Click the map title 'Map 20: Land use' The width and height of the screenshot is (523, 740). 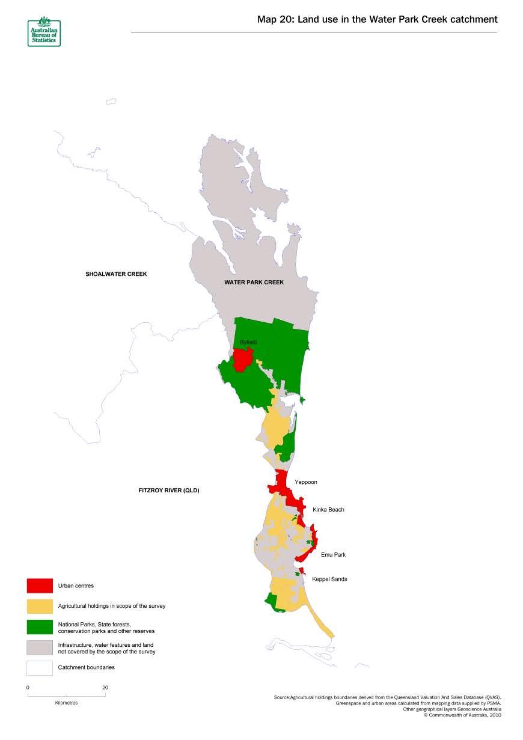point(377,20)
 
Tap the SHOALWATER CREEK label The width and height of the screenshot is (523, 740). point(116,274)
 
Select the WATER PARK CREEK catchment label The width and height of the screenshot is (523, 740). point(254,282)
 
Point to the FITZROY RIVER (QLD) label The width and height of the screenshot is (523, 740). point(168,491)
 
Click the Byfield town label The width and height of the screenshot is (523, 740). point(248,342)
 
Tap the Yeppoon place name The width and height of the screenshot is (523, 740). point(305,482)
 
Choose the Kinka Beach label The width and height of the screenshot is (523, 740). point(328,510)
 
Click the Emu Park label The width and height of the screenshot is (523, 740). point(333,555)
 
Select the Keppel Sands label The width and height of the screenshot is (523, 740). point(329,579)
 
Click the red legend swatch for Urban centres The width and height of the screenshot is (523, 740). point(39,586)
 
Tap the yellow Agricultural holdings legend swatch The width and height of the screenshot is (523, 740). point(39,606)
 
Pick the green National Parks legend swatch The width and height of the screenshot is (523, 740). point(39,627)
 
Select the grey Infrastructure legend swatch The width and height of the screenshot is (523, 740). point(39,647)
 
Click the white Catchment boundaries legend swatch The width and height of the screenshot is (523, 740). point(39,668)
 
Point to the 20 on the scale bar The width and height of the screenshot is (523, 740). point(105,687)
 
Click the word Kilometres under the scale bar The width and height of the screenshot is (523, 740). point(66,703)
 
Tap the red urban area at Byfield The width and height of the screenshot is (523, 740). point(242,359)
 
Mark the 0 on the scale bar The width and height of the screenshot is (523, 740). point(28,687)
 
